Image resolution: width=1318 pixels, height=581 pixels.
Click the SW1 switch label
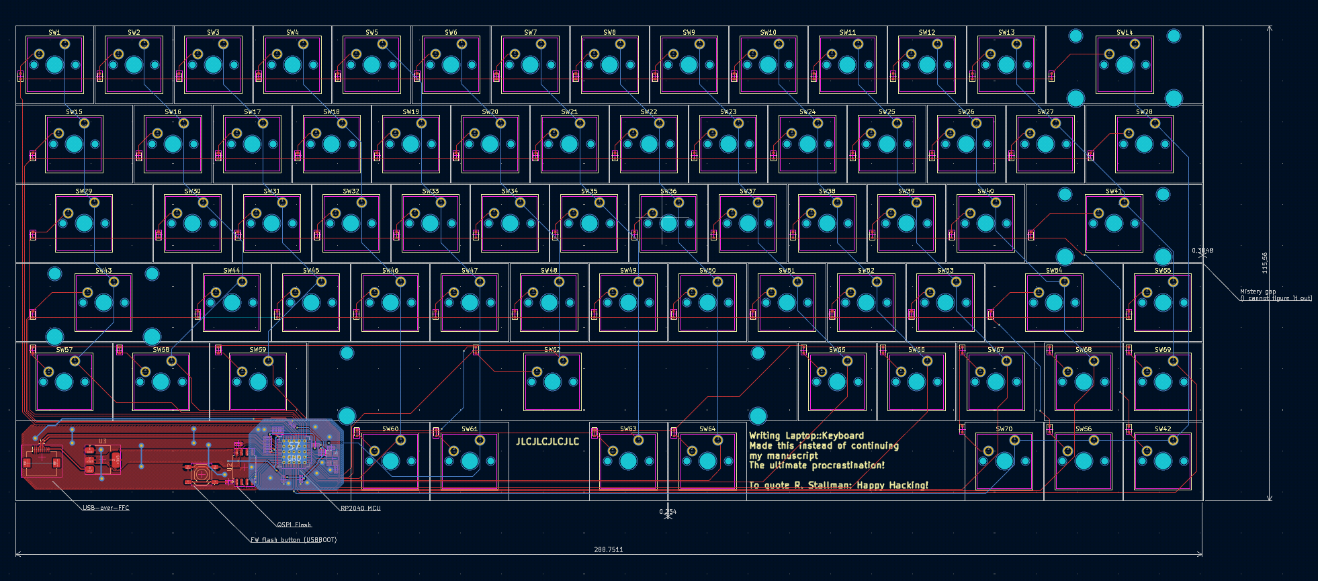pos(54,32)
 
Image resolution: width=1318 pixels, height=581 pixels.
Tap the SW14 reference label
pos(1125,32)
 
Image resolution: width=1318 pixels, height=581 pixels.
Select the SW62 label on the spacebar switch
pos(552,350)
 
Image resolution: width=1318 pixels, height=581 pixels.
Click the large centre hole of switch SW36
pos(668,223)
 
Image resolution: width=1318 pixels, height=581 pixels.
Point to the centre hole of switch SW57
pos(64,382)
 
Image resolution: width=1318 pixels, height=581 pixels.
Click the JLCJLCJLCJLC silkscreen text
pos(547,441)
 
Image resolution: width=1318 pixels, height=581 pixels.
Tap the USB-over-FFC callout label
pos(105,508)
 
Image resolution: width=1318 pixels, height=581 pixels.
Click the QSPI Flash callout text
pos(294,525)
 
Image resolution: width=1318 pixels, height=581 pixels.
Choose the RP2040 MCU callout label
pos(361,508)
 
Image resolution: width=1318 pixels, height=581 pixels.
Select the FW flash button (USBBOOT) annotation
pos(294,540)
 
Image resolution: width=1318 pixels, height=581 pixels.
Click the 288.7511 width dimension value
pos(608,549)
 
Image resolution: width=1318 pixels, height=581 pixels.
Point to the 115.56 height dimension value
pos(1265,263)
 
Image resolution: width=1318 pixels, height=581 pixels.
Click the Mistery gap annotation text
pos(1258,292)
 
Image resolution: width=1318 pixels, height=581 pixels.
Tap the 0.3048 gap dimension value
pos(1202,251)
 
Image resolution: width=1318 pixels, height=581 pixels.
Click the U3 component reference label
pos(103,441)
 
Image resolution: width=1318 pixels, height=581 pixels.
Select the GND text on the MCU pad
pos(294,458)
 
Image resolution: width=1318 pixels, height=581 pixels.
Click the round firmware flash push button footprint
pos(201,474)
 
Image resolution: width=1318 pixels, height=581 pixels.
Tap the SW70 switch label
pos(1004,429)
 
